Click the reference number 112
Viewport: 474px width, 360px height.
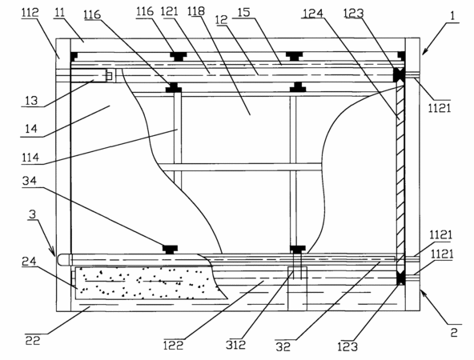point(30,13)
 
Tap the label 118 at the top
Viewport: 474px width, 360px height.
point(196,11)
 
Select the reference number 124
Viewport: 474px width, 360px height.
point(313,14)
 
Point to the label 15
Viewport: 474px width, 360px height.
point(244,13)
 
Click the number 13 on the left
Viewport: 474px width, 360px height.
point(31,101)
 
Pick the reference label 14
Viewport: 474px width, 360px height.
point(31,129)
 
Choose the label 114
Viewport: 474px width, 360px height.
point(30,158)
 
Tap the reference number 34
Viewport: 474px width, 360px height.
point(30,181)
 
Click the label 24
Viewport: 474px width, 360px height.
point(29,262)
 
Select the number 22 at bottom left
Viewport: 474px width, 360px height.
point(32,340)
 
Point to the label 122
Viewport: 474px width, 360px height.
point(173,346)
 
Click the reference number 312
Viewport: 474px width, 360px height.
point(235,345)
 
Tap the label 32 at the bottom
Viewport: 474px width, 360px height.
point(283,346)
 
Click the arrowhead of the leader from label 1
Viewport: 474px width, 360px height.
point(424,53)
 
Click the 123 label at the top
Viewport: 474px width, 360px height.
point(354,14)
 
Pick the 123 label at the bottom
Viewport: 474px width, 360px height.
point(347,346)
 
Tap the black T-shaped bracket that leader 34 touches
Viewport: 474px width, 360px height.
point(171,249)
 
